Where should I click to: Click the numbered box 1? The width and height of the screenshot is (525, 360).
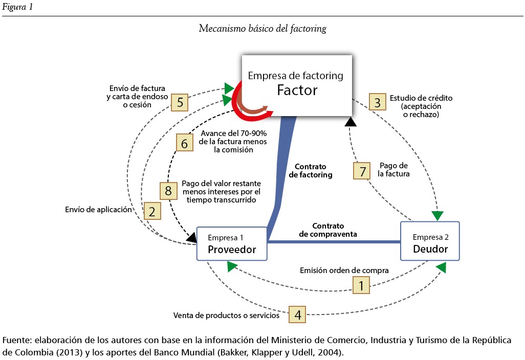tap(362, 285)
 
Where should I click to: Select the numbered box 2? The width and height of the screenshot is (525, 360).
tap(152, 211)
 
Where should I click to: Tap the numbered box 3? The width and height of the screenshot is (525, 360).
tap(378, 102)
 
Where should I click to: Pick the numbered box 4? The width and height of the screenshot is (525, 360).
tap(298, 314)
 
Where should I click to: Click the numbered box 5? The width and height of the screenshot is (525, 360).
tap(180, 102)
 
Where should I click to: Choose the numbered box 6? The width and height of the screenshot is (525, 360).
tap(185, 142)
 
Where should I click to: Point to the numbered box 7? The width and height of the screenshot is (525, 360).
tap(362, 170)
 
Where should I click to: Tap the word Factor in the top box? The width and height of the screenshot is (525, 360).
tap(297, 91)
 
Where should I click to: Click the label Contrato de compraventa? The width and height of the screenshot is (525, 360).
tap(328, 230)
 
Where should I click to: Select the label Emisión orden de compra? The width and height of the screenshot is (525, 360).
tap(344, 270)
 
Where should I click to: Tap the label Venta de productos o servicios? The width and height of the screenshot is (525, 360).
tap(226, 315)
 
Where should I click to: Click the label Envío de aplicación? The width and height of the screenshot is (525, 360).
tap(99, 209)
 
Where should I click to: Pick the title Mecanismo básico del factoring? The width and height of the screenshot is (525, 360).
tap(262, 29)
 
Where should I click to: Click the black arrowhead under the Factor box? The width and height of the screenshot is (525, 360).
tap(351, 122)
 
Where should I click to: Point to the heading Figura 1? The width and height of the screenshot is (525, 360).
tap(17, 7)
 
